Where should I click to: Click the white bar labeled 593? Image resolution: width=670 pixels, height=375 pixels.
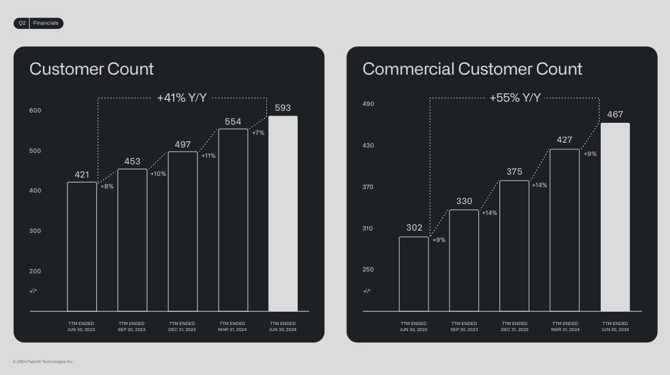click(x=283, y=214)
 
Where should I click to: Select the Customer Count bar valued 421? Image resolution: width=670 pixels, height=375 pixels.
click(x=82, y=247)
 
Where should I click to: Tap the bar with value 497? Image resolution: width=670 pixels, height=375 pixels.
click(x=183, y=232)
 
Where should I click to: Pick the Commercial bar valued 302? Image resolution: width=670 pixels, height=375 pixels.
click(x=414, y=274)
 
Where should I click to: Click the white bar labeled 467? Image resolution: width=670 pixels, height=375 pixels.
click(x=615, y=217)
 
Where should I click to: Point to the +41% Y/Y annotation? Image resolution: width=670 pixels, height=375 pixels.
click(x=182, y=98)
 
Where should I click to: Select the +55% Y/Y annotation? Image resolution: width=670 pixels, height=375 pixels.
click(x=515, y=98)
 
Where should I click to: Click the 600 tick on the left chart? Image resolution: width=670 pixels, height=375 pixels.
click(x=35, y=111)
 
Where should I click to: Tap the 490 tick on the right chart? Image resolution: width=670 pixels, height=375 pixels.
click(x=368, y=104)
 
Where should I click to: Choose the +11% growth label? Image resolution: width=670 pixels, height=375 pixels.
click(x=208, y=156)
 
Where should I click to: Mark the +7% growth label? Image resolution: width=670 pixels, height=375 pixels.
click(x=258, y=133)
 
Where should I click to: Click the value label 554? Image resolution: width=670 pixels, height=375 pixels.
click(x=233, y=122)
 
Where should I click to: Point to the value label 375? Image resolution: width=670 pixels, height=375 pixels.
click(x=515, y=172)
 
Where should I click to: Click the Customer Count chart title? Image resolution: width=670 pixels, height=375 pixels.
click(x=92, y=69)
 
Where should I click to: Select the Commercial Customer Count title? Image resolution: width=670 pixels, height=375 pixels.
click(x=472, y=69)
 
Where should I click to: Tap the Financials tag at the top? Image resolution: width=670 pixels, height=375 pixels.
click(x=46, y=23)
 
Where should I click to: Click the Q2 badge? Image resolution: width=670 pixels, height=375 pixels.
click(x=22, y=23)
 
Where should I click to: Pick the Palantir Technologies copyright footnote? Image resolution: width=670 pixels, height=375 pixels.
click(x=43, y=362)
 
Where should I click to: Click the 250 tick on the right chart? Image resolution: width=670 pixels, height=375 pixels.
click(x=368, y=270)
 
